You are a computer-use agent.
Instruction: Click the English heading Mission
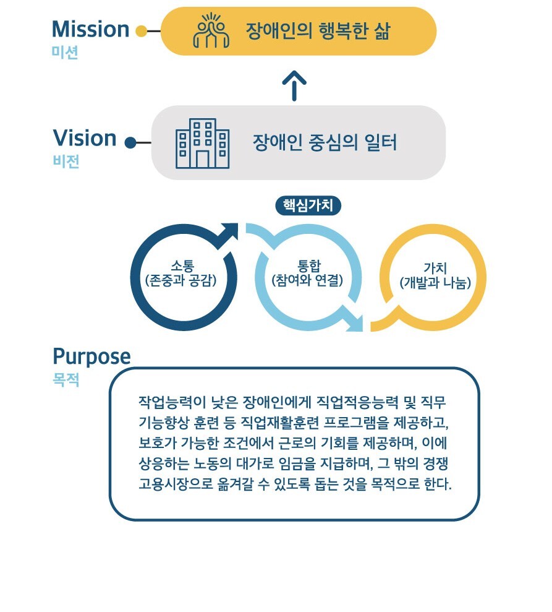[90, 29]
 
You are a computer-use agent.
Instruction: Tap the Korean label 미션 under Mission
[65, 53]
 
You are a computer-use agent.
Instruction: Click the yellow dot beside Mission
[141, 31]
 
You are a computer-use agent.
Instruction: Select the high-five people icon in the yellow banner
[211, 30]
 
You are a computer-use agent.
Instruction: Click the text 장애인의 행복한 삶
[318, 31]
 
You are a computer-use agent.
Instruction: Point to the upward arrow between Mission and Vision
[294, 85]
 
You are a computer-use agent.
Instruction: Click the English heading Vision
[85, 138]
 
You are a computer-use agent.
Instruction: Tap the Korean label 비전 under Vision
[66, 161]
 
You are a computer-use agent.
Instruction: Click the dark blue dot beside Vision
[130, 142]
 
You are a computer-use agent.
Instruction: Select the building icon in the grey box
[202, 143]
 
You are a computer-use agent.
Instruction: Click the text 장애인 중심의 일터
[325, 142]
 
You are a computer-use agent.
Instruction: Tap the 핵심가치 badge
[308, 205]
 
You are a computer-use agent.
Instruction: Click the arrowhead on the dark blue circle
[228, 233]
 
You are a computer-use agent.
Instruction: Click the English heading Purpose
[91, 356]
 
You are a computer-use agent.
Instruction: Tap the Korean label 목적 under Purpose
[66, 379]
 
